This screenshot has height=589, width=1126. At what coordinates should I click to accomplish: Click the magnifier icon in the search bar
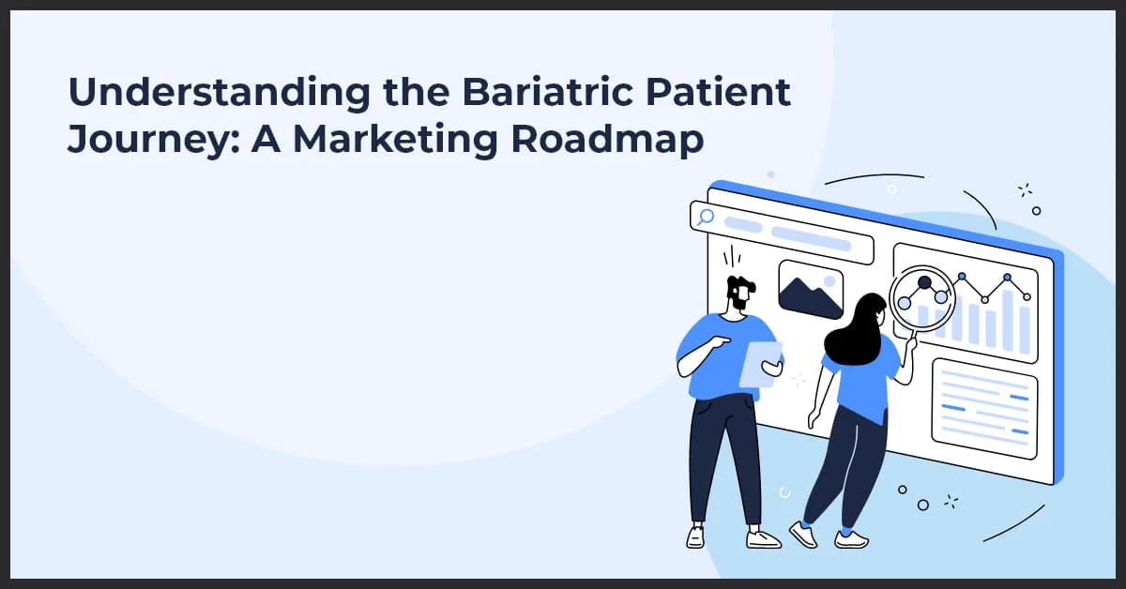coord(705,218)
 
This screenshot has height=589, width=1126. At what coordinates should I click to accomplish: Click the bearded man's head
coord(740,294)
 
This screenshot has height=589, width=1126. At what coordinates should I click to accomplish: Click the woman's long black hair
coord(856,333)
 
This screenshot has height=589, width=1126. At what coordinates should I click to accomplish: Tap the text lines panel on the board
coord(984,407)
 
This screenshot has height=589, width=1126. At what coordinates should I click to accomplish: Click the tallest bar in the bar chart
coord(1008,319)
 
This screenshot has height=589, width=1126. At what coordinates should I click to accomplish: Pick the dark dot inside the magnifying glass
coord(924,282)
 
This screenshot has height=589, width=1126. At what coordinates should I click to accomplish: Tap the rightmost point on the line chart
coord(1027,296)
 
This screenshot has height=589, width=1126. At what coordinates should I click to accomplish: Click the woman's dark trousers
coord(849,469)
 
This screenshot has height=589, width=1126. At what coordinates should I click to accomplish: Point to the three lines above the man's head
coord(731,256)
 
